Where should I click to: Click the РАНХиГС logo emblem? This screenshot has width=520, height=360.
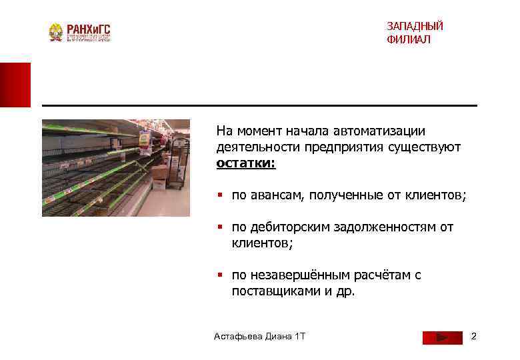[56, 33]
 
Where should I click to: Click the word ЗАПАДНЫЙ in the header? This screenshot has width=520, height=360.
[415, 27]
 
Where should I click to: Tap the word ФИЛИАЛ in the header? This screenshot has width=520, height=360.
[408, 40]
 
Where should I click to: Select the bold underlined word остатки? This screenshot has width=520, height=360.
[245, 163]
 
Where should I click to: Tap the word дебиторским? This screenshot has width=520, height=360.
[285, 227]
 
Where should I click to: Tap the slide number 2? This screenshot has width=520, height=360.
[474, 336]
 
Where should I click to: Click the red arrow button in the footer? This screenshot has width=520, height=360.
[442, 337]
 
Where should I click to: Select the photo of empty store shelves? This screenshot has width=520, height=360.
[116, 168]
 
